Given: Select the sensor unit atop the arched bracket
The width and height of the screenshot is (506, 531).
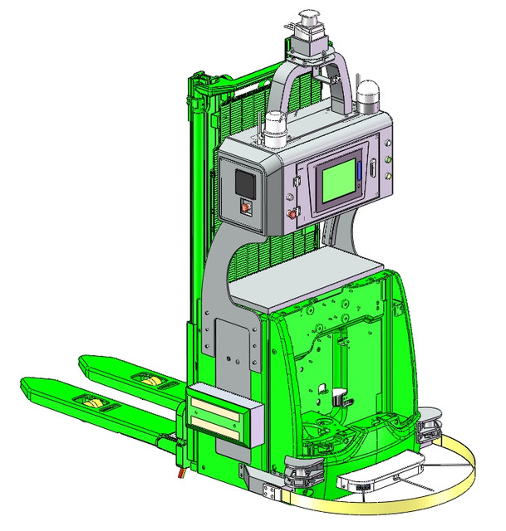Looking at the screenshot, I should (310, 37).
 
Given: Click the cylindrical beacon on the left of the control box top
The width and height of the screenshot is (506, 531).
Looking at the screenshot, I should (277, 129).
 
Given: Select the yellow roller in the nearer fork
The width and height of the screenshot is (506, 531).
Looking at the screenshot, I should (93, 403).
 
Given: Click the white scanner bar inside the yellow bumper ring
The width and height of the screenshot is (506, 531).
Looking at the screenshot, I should (374, 479).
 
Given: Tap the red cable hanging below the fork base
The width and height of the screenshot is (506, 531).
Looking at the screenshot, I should (178, 475).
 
